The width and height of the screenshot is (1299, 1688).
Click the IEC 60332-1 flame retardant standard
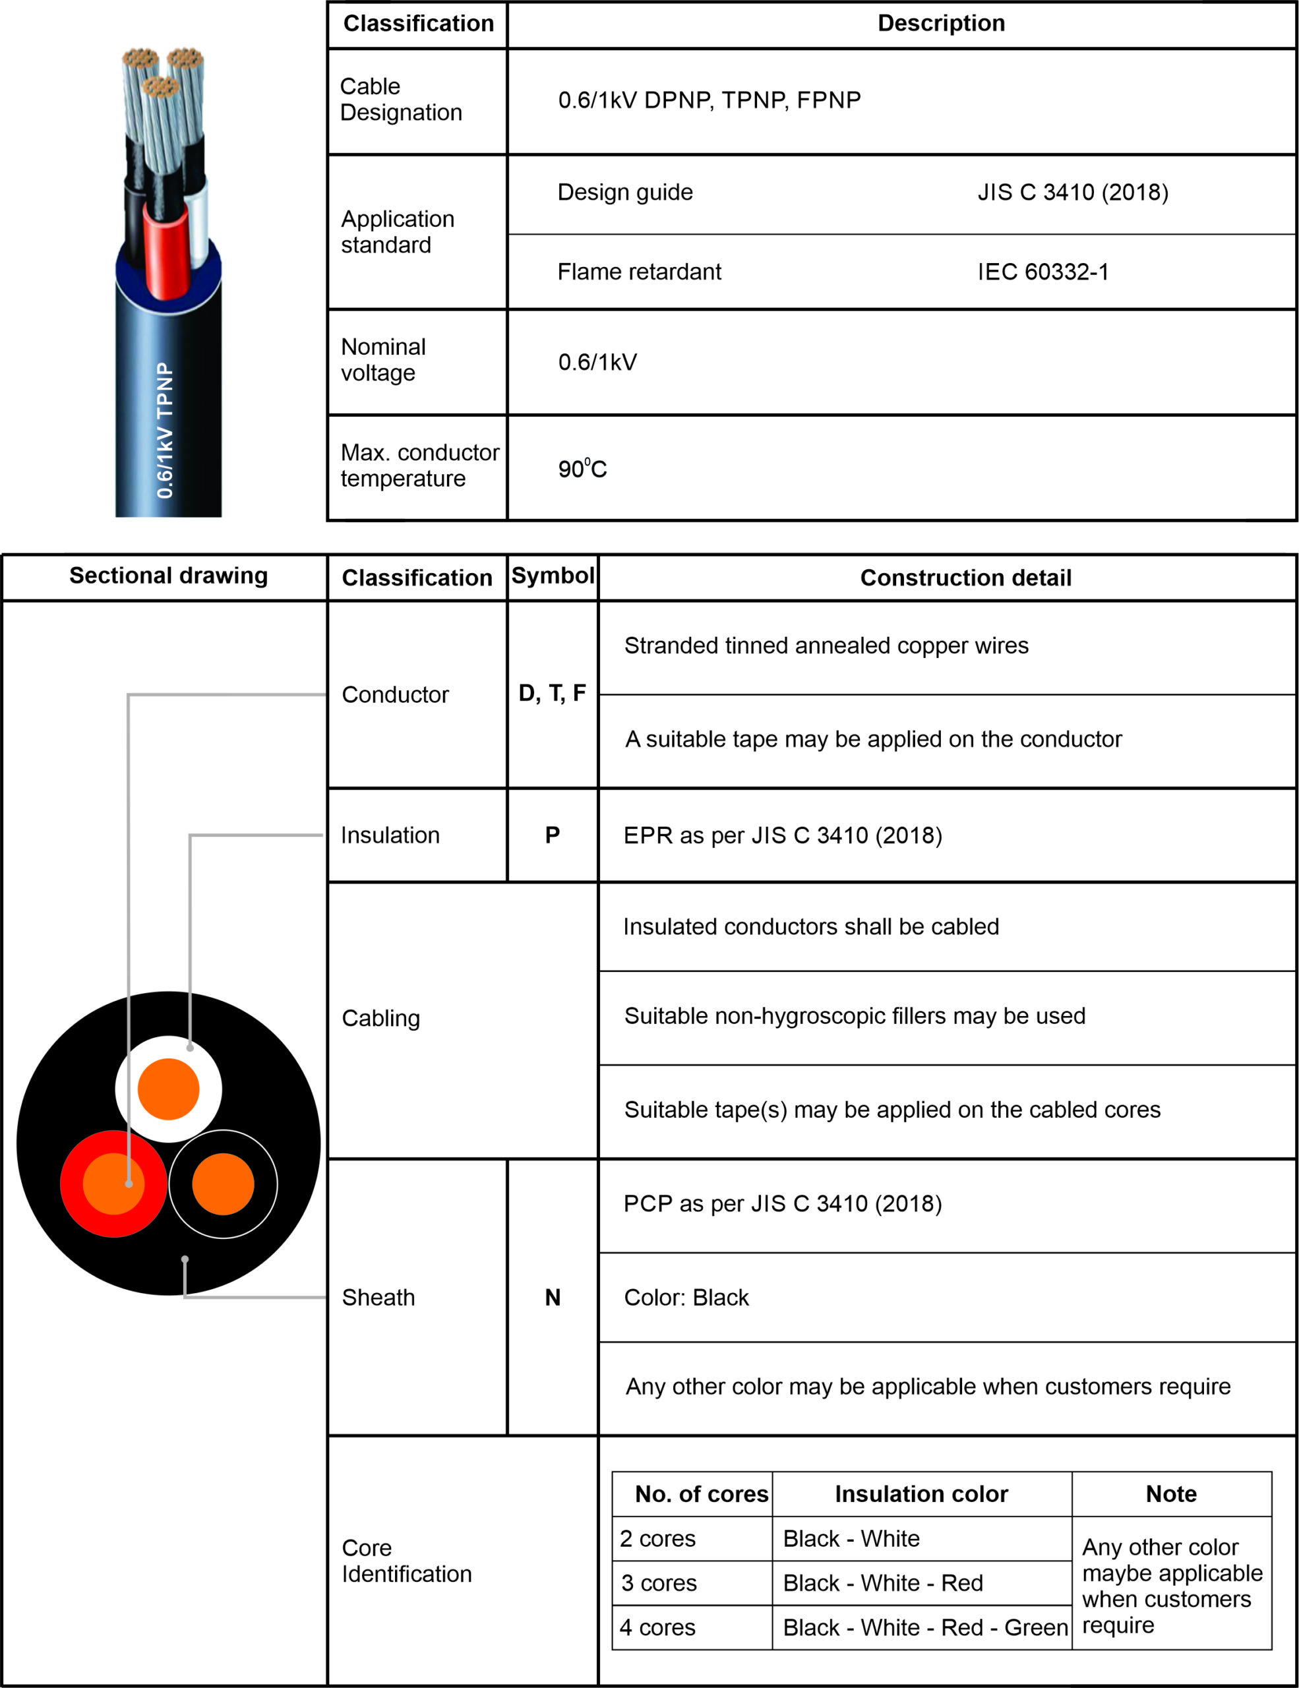pyautogui.click(x=1042, y=272)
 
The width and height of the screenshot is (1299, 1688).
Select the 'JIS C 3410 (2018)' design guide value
pyautogui.click(x=1073, y=193)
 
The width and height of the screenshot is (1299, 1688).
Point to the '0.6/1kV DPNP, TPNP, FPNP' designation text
pyautogui.click(x=709, y=100)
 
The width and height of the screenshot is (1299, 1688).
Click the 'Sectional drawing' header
pyautogui.click(x=168, y=576)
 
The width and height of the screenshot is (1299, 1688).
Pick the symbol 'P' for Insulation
pyautogui.click(x=553, y=835)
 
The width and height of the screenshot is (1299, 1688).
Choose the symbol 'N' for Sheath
pyautogui.click(x=553, y=1298)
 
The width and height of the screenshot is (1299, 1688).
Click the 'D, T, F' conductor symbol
pyautogui.click(x=552, y=693)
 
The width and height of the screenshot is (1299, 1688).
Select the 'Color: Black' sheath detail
pyautogui.click(x=686, y=1298)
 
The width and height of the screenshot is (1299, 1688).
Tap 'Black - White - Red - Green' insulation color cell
pyautogui.click(x=924, y=1628)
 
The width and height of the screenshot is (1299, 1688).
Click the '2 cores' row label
pyautogui.click(x=657, y=1539)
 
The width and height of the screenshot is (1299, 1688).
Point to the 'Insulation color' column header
pyautogui.click(x=921, y=1494)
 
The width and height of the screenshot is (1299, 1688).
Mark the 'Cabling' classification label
pyautogui.click(x=381, y=1019)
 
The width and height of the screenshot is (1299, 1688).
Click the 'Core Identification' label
pyautogui.click(x=406, y=1561)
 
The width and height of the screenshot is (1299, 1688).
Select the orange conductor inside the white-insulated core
pyautogui.click(x=168, y=1089)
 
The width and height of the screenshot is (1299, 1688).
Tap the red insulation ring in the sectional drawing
pyautogui.click(x=71, y=1184)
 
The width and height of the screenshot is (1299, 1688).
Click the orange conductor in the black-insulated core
pyautogui.click(x=224, y=1184)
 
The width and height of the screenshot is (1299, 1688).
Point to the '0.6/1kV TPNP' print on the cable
pyautogui.click(x=166, y=431)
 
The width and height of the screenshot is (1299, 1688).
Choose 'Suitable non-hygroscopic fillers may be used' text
pyautogui.click(x=855, y=1016)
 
